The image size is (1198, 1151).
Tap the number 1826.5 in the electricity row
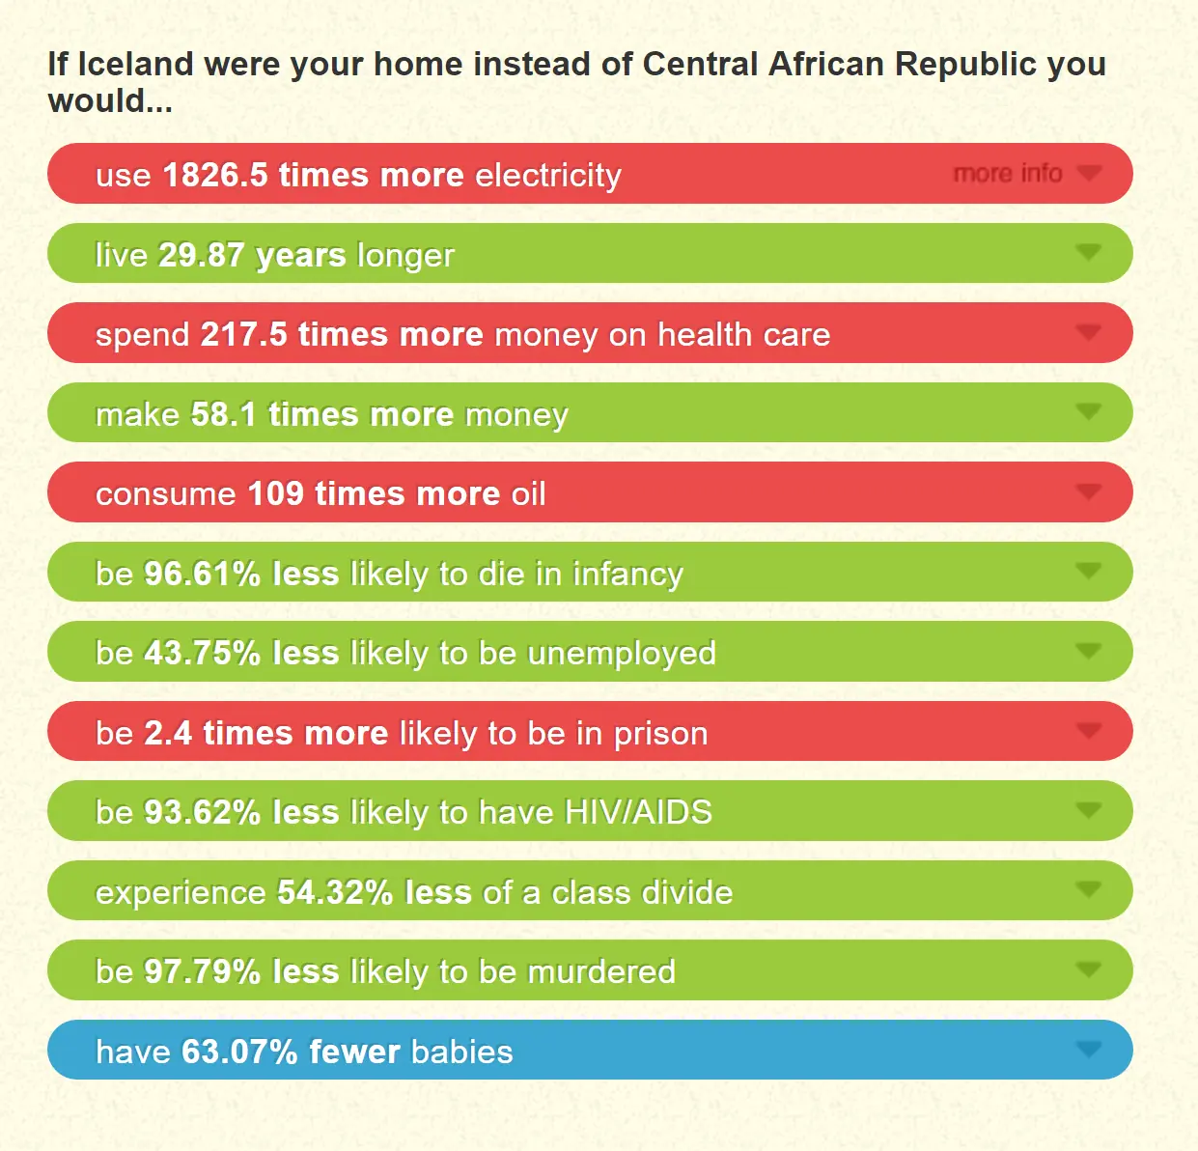[214, 175]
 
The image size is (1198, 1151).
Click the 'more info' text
[1007, 174]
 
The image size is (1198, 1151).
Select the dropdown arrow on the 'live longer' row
[1088, 253]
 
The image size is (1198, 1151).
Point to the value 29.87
[201, 255]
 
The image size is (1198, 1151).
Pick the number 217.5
[243, 334]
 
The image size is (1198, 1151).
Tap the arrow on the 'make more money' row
[1088, 412]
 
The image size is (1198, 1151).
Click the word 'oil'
[528, 493]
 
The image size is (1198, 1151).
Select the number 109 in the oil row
[275, 493]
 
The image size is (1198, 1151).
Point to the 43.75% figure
[202, 653]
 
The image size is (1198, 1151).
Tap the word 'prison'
[660, 733]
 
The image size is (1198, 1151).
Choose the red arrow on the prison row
[1088, 731]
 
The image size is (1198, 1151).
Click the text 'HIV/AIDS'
[638, 812]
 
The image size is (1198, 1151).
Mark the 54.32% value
[334, 892]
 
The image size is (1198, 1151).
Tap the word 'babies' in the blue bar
[461, 1052]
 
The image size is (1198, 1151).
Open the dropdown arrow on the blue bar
[1088, 1050]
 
